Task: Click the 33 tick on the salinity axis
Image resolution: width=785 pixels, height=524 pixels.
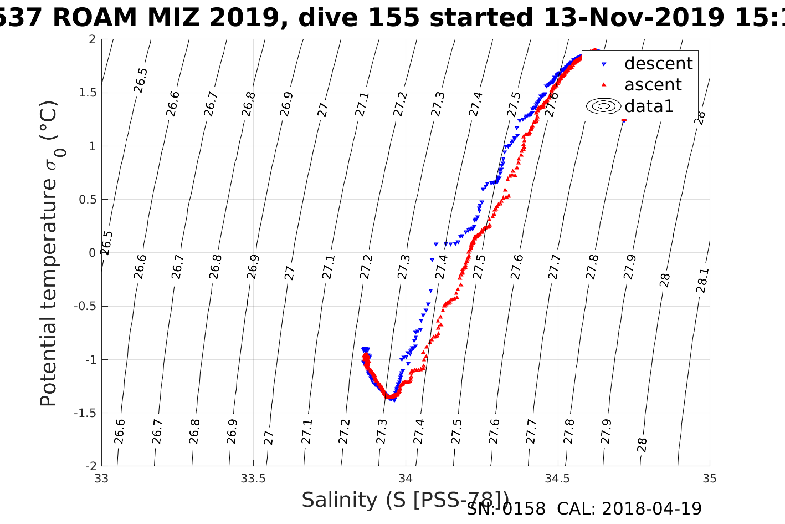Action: (101, 478)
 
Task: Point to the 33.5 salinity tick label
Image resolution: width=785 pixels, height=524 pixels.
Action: (253, 478)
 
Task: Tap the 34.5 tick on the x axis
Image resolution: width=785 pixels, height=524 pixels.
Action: (557, 478)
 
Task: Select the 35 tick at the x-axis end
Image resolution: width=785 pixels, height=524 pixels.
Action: (709, 478)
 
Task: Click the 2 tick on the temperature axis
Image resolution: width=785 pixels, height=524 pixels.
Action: (92, 39)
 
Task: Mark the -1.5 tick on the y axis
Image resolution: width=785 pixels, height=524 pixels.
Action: (85, 413)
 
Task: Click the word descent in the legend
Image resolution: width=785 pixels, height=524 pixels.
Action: (658, 64)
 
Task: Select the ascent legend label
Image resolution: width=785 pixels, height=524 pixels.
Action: (653, 85)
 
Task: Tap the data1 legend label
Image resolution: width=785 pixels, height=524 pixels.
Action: (649, 106)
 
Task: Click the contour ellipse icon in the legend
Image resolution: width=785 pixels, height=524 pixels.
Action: (604, 106)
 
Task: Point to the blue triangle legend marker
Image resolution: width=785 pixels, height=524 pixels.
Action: (604, 64)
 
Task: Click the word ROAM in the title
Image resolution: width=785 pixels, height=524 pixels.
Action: (95, 18)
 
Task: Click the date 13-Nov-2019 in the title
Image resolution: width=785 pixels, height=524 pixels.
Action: (633, 18)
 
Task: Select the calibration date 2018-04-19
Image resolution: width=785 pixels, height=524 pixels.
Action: (651, 508)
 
